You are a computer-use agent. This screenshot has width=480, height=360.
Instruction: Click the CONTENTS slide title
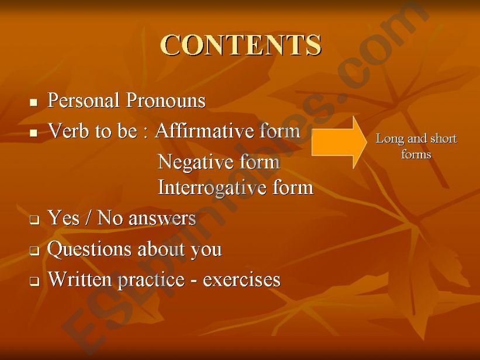[x=241, y=45]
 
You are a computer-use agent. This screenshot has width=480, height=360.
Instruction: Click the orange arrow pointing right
[x=338, y=142]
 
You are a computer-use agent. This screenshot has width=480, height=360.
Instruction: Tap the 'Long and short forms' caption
[x=416, y=146]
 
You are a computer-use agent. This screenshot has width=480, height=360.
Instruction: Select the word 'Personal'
[x=82, y=101]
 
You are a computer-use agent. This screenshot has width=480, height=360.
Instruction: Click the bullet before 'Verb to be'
[x=33, y=133]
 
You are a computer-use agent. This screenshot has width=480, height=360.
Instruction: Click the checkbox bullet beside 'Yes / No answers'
[x=33, y=221]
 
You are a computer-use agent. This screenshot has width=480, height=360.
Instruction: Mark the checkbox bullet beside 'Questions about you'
[x=33, y=252]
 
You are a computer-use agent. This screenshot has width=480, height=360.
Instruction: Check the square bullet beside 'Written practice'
[x=33, y=282]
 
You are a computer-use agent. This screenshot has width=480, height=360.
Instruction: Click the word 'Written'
[x=81, y=279]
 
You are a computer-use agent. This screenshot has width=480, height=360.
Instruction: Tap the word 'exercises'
[x=241, y=280]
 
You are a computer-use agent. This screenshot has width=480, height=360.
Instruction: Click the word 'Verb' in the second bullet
[x=65, y=131]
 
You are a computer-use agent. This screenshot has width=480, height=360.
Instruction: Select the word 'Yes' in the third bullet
[x=63, y=219]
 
